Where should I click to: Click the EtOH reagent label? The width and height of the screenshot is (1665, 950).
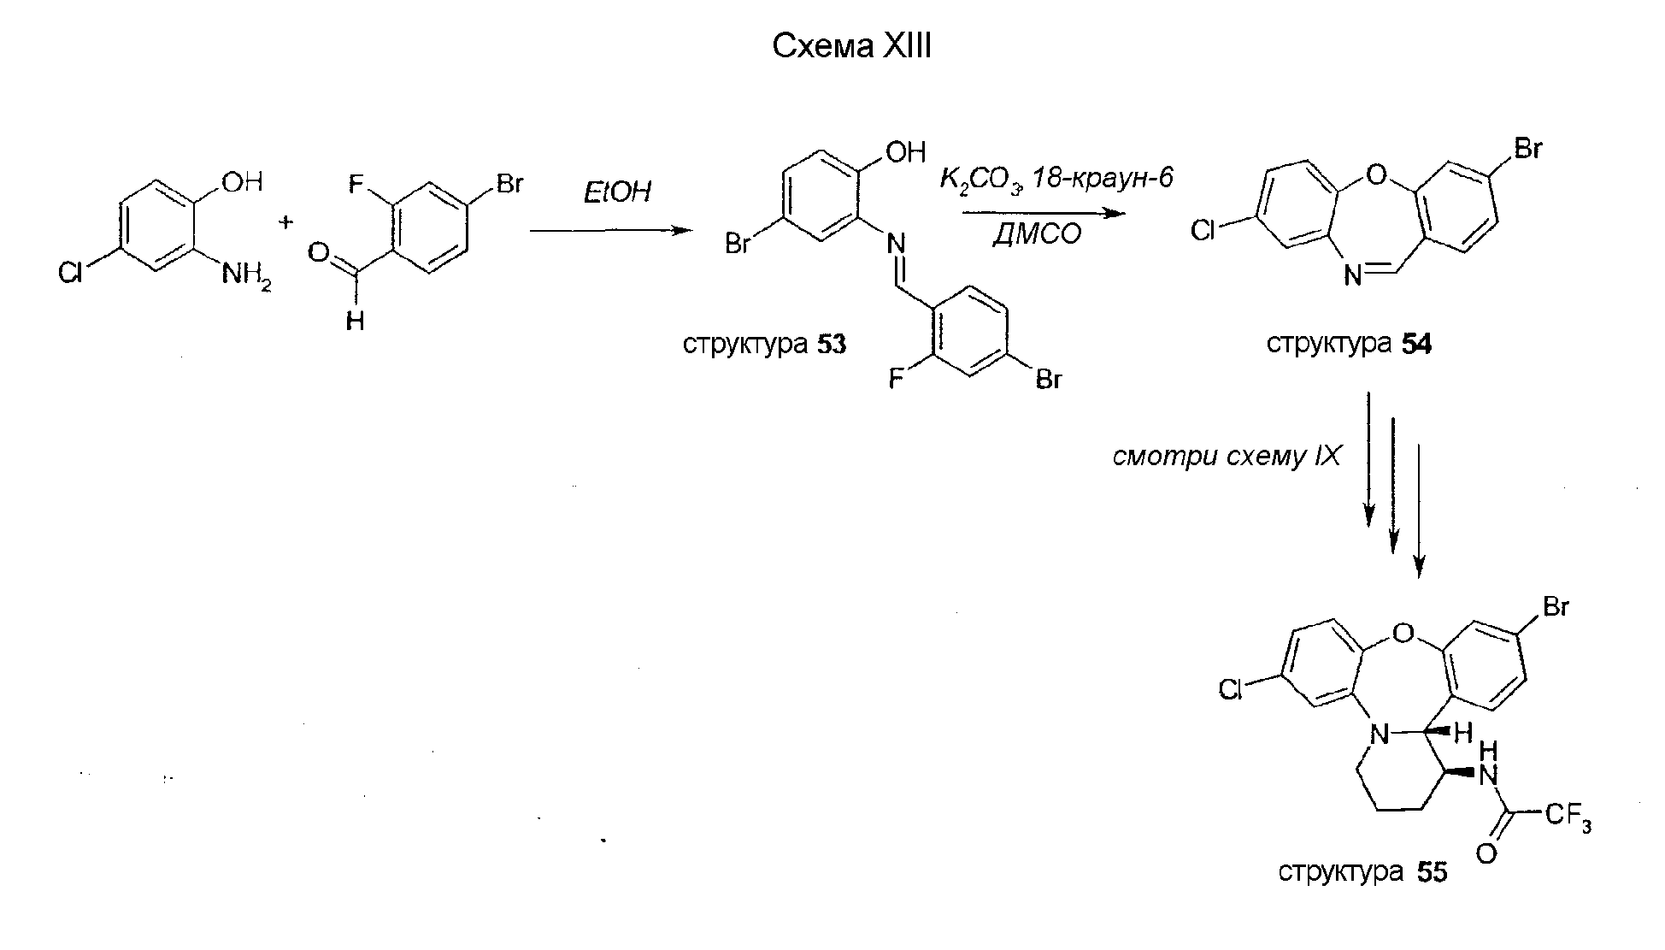[616, 192]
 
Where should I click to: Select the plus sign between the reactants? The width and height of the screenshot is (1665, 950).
[285, 223]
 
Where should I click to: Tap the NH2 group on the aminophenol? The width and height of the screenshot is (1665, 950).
[246, 276]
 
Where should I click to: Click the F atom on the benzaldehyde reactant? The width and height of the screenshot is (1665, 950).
[358, 184]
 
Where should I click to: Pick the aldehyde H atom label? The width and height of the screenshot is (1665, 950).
[355, 322]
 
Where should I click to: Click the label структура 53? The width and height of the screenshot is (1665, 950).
[765, 344]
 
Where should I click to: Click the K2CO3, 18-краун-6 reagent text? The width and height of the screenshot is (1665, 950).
[1056, 180]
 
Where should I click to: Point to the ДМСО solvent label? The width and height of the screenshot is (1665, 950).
[1037, 233]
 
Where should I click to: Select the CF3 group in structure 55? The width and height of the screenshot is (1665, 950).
[1568, 817]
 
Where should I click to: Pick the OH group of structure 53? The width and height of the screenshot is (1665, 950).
[905, 152]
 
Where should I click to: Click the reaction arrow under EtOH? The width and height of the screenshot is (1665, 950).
[610, 231]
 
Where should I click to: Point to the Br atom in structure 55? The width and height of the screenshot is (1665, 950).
[1555, 606]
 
